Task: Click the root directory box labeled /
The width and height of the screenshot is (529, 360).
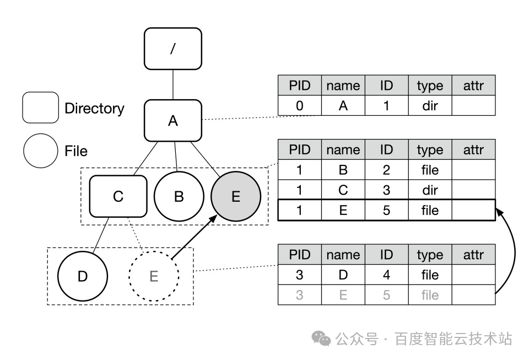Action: (173, 49)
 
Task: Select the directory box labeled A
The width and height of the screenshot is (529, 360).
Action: (173, 120)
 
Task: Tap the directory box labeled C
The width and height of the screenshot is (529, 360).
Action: (118, 196)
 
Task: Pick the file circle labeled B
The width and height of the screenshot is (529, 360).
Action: (179, 196)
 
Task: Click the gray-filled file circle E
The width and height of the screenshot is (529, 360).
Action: (236, 196)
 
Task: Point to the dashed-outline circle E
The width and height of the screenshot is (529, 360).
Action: (154, 276)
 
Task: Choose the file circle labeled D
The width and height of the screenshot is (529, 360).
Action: (83, 276)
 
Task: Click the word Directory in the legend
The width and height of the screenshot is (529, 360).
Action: (94, 108)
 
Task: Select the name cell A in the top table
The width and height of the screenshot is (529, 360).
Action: (343, 106)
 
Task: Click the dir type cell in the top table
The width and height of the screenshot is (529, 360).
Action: (430, 106)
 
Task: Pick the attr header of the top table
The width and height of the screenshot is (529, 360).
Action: (473, 85)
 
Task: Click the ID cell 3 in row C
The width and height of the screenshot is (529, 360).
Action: (386, 190)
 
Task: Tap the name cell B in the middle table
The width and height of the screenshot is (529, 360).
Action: (343, 170)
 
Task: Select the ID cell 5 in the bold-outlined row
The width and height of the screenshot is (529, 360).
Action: (386, 211)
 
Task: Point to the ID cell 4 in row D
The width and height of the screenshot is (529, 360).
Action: (386, 275)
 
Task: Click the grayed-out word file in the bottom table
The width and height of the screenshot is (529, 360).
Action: (430, 295)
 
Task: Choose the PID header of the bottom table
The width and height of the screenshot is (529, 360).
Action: (299, 255)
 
